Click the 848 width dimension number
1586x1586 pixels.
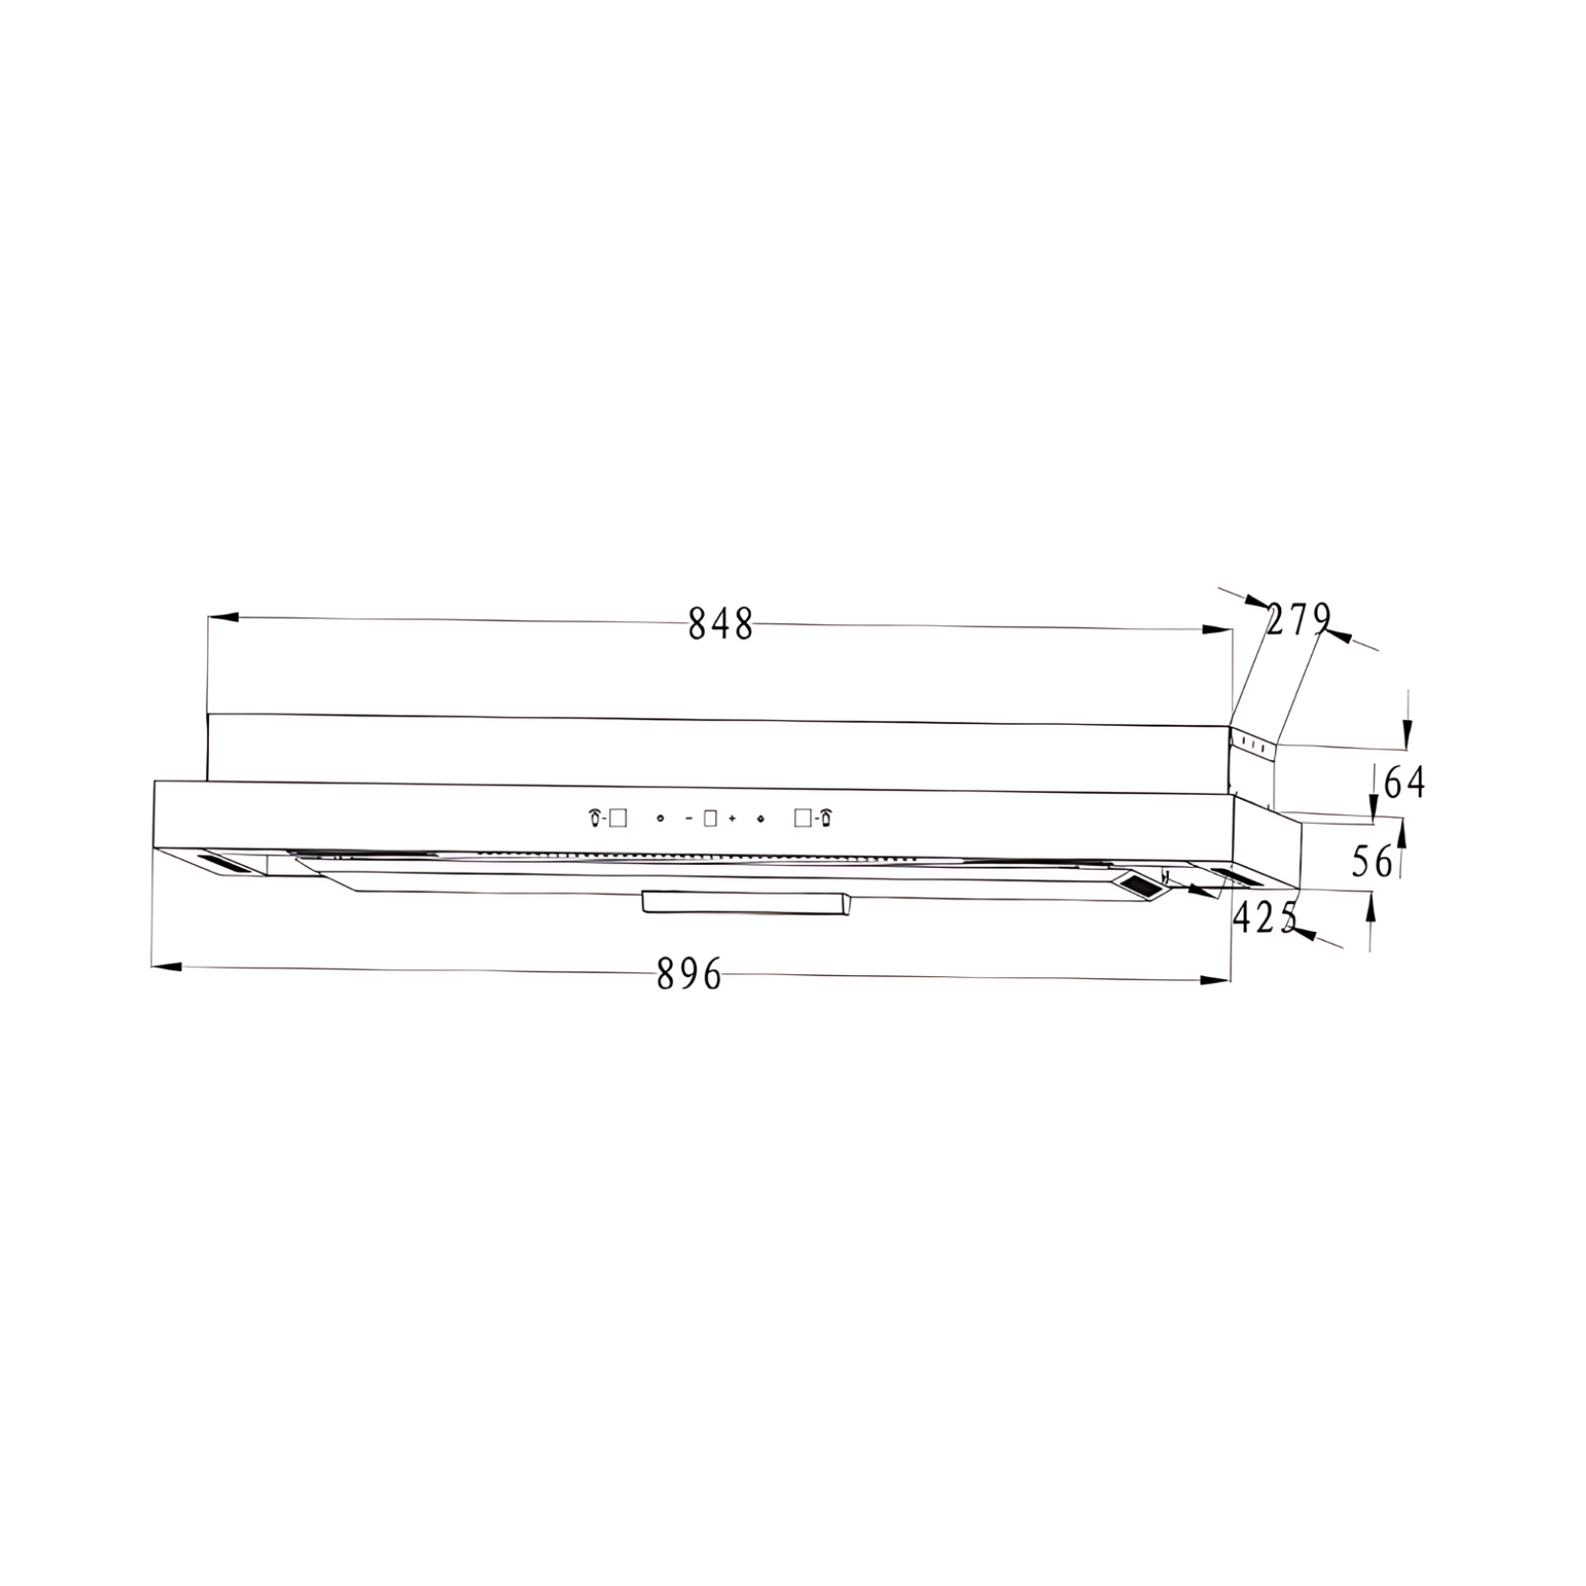(x=721, y=625)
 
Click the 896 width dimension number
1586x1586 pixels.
(x=689, y=975)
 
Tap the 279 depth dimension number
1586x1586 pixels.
(x=1299, y=619)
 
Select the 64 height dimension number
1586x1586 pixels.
(x=1405, y=783)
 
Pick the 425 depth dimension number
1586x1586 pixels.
(x=1265, y=919)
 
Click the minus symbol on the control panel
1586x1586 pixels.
(x=688, y=819)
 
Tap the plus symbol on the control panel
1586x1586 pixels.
(x=732, y=819)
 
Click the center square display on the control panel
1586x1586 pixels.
(x=711, y=819)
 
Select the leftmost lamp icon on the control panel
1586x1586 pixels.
(x=595, y=818)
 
